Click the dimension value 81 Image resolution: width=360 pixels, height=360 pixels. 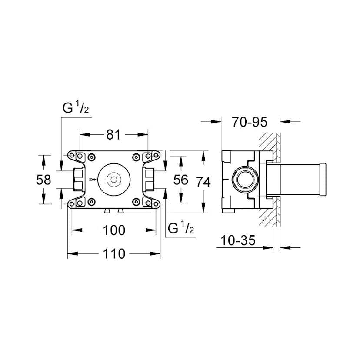113,135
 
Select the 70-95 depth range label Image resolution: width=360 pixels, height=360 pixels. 249,122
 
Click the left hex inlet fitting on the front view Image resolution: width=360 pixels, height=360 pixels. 79,180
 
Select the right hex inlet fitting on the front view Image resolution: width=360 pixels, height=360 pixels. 149,180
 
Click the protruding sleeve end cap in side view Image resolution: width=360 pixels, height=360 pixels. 322,180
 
